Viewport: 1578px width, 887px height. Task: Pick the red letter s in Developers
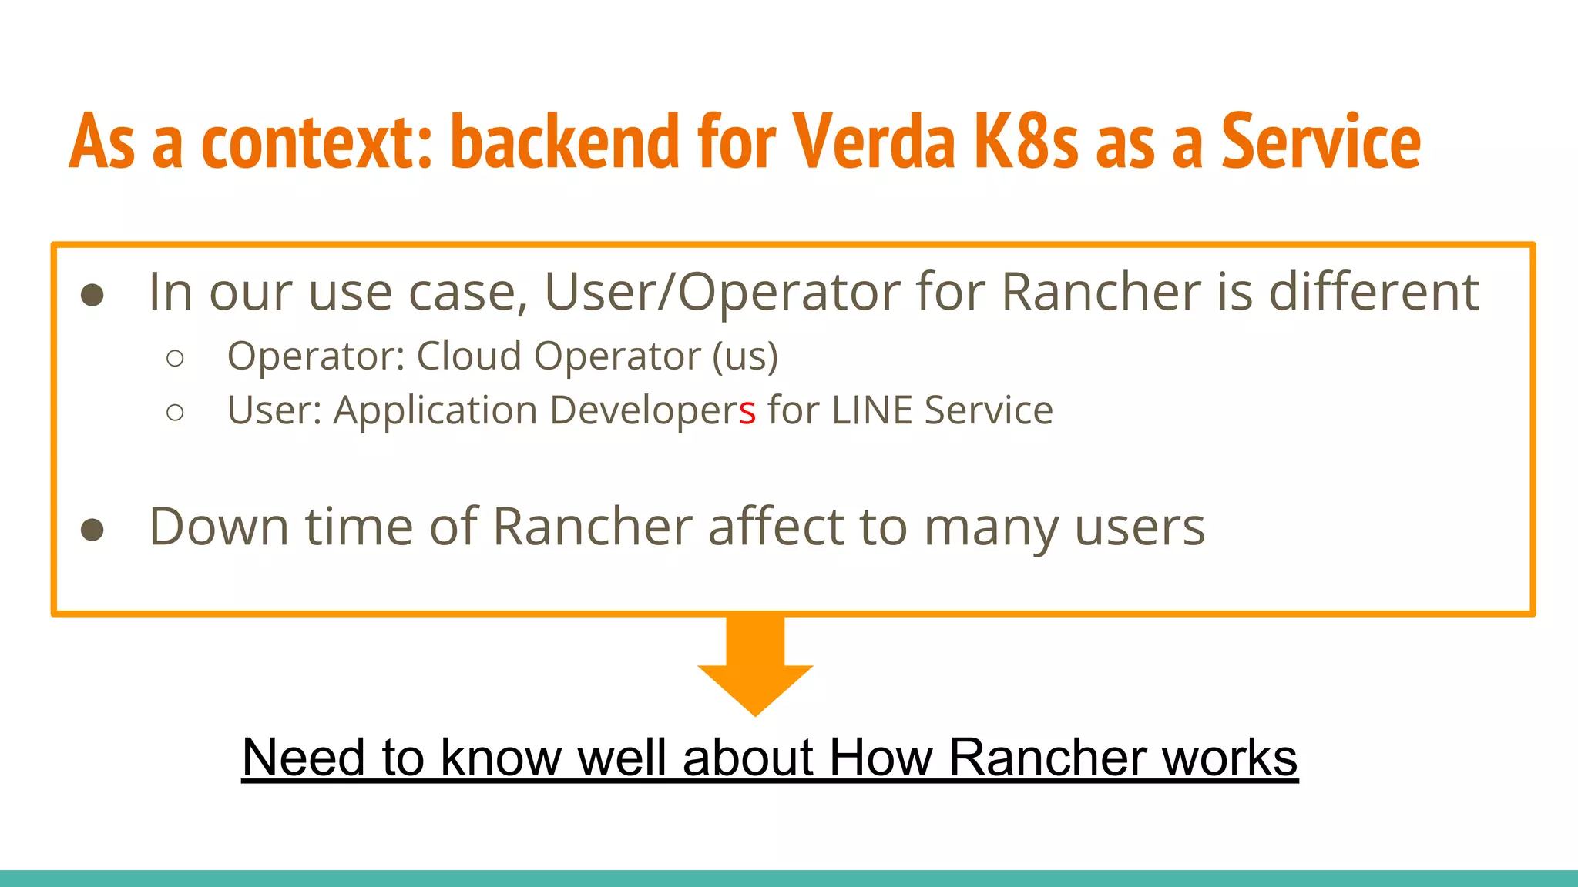pyautogui.click(x=747, y=411)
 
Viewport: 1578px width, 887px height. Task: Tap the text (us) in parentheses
pyautogui.click(x=745, y=357)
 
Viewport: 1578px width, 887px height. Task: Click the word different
pyautogui.click(x=1373, y=292)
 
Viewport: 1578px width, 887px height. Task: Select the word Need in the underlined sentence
pyautogui.click(x=302, y=758)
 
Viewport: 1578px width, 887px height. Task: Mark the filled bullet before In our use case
pyautogui.click(x=92, y=295)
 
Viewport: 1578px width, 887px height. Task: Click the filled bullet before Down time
pyautogui.click(x=92, y=530)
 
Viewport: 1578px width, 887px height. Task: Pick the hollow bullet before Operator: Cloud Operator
pyautogui.click(x=175, y=358)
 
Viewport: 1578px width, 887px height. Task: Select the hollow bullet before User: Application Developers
pyautogui.click(x=175, y=413)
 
